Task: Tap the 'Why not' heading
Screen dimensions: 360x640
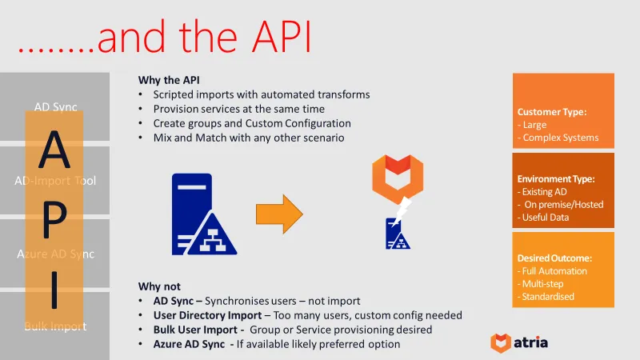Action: click(x=160, y=286)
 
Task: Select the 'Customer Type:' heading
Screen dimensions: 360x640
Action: click(x=551, y=112)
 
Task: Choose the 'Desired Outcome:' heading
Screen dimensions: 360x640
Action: click(x=554, y=258)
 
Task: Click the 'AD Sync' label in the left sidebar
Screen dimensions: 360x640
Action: click(x=55, y=107)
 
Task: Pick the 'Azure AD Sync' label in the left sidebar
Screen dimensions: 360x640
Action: click(x=55, y=254)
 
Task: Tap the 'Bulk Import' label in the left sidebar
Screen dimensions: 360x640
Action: click(x=55, y=326)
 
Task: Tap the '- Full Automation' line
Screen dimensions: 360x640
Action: click(x=552, y=271)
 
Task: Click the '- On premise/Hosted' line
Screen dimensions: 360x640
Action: click(x=561, y=205)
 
